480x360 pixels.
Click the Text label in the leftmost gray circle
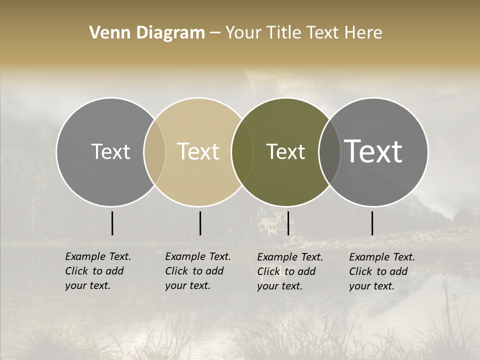110,151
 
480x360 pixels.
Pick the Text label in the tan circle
198,151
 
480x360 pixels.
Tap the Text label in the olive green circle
285,151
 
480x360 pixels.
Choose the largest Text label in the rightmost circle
373,151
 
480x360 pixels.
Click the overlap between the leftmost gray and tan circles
154,152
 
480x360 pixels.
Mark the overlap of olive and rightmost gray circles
328,152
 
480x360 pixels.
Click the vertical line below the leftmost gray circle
112,223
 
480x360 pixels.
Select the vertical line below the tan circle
200,223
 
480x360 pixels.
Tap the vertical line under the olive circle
288,223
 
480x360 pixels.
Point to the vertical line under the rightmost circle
372,223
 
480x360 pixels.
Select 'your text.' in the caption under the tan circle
187,285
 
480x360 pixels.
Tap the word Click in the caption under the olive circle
269,271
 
